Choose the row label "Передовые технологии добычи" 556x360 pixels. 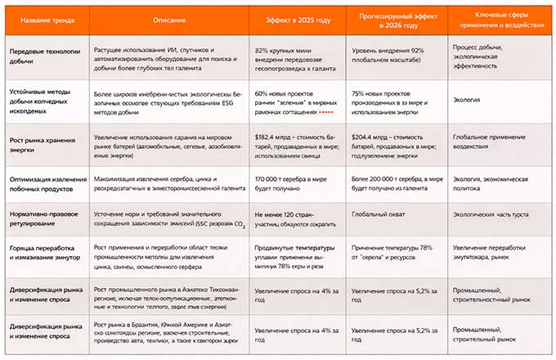44,55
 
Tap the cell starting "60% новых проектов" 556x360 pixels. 294,99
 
